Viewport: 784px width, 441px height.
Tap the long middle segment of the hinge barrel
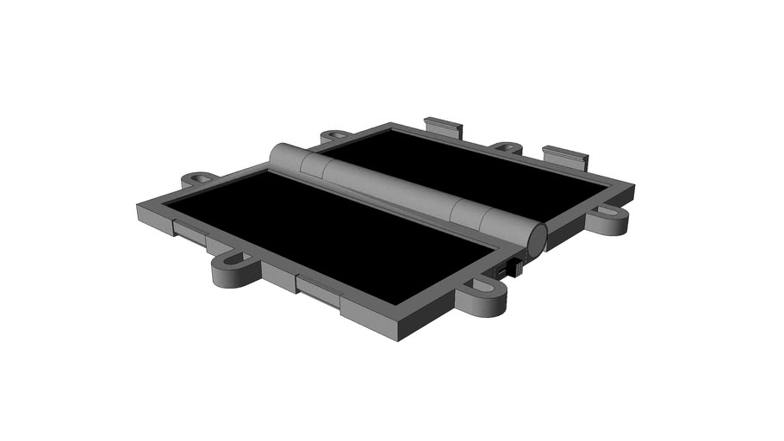[x=388, y=186]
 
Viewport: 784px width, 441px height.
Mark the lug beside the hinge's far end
[x=335, y=136]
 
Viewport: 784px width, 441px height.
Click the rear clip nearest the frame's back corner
[x=443, y=127]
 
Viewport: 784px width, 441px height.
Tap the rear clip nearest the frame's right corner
[x=565, y=158]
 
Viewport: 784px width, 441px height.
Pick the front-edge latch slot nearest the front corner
[x=319, y=290]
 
